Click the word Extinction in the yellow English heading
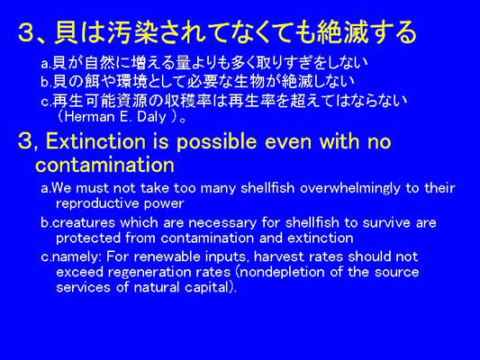pos(95,142)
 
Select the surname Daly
pos(151,117)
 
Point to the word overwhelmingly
pos(349,188)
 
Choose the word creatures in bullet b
pos(83,222)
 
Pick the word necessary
pos(222,223)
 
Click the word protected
pos(88,238)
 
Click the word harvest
pos(278,256)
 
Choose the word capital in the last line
pos(207,288)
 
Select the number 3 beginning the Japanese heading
pos(26,32)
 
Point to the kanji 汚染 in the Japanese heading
pos(132,31)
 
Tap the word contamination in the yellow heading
pos(104,165)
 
